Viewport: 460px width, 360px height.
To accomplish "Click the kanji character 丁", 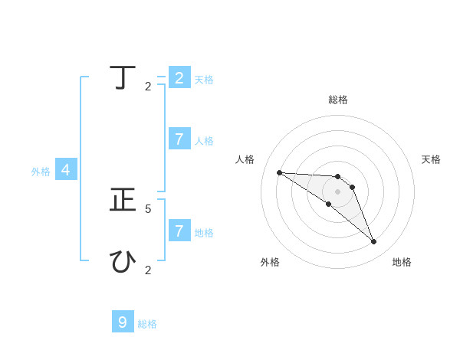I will (123, 78).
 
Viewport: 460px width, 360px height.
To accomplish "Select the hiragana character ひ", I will (123, 262).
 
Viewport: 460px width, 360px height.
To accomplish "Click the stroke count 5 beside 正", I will (148, 208).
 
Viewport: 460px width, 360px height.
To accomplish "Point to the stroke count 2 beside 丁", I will (148, 87).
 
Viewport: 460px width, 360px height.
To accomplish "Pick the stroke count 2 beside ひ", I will (148, 270).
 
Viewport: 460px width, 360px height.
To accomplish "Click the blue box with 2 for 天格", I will (179, 77).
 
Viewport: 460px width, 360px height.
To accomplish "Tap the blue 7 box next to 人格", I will (179, 139).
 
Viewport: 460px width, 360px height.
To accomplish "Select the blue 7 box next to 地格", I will (179, 231).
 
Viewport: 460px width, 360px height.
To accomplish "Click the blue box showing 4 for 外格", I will (66, 170).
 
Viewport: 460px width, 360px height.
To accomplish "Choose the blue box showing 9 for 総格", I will (123, 322).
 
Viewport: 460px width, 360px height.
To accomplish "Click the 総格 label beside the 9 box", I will (147, 324).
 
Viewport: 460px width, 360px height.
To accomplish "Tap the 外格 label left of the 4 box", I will (41, 172).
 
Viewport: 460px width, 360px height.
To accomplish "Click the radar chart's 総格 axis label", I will (338, 100).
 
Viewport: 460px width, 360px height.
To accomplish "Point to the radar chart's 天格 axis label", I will (432, 159).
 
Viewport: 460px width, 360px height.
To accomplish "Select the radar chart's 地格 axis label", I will (402, 262).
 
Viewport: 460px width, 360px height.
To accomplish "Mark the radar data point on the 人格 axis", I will (279, 172).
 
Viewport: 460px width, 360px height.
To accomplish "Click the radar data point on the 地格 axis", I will (373, 242).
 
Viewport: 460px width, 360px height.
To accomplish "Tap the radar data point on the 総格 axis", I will (338, 177).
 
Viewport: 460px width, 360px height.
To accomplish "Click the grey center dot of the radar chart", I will (338, 191).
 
